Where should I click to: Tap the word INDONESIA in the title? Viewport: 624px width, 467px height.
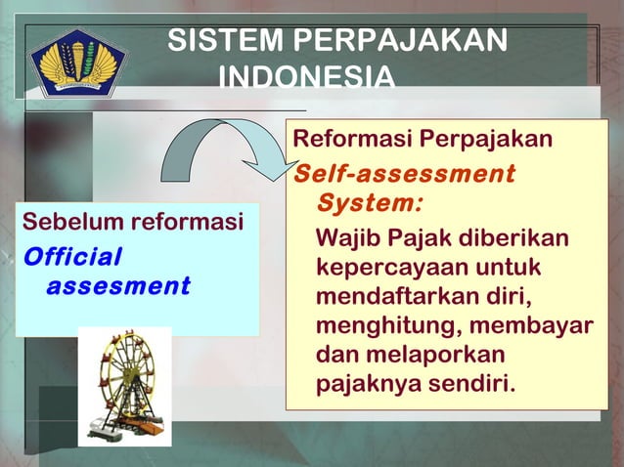pyautogui.click(x=307, y=75)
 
